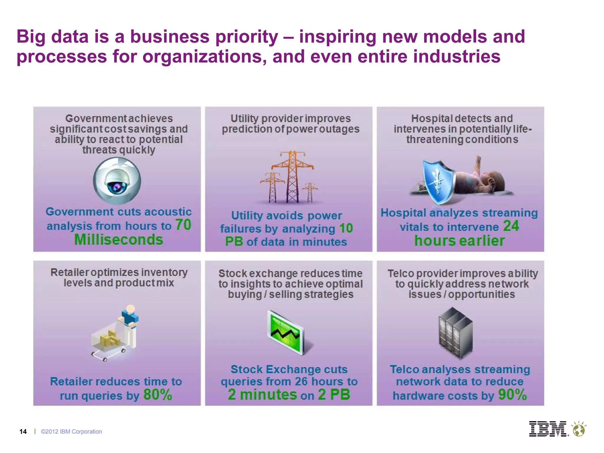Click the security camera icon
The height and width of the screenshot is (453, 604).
tap(117, 181)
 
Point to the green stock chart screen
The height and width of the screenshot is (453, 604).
tap(285, 332)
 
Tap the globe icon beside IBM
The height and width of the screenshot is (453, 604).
tap(579, 429)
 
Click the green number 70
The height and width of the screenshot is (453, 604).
tap(183, 225)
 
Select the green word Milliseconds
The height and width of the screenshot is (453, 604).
tap(119, 239)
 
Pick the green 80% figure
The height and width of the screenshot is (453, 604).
tap(157, 395)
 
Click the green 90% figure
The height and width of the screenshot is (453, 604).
tap(512, 395)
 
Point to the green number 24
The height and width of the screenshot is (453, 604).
tap(511, 226)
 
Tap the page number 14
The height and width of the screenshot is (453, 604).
tap(23, 432)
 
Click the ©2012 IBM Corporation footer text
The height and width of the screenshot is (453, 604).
tap(71, 432)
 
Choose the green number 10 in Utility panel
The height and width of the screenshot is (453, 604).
tap(346, 228)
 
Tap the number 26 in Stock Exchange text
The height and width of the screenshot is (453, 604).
tap(301, 382)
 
